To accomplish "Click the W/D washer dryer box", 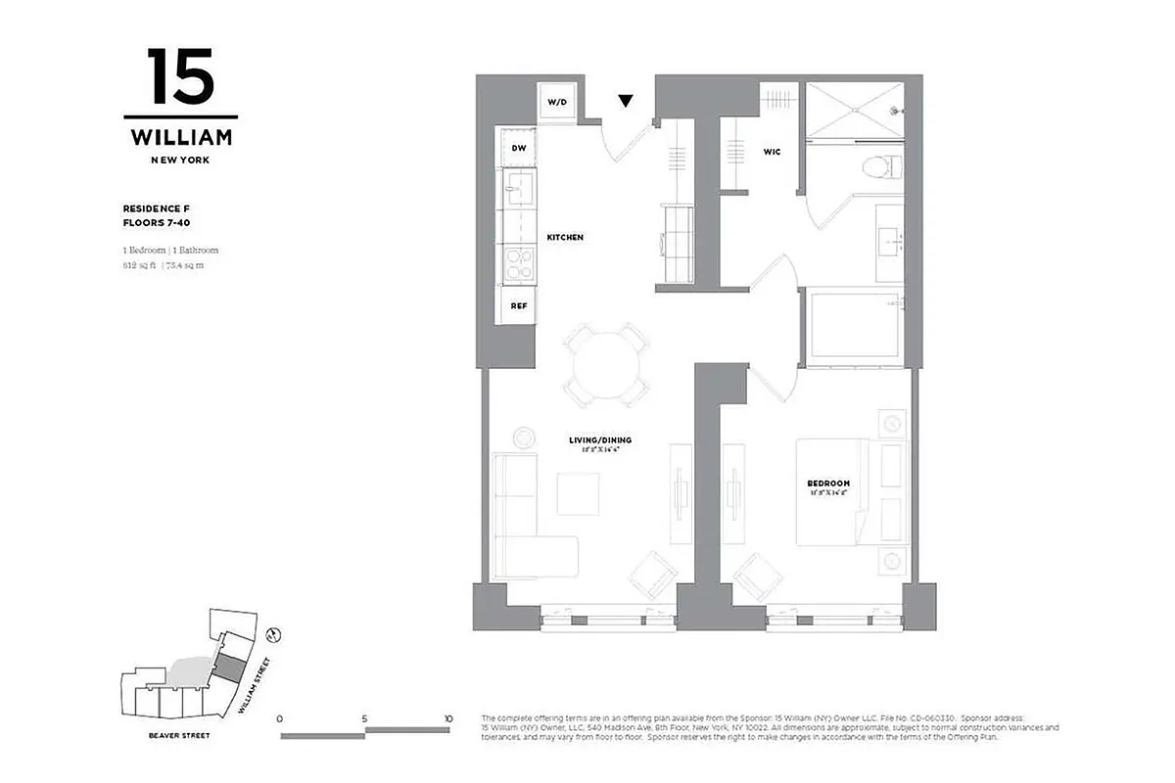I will tap(556, 102).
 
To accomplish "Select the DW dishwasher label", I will tap(519, 149).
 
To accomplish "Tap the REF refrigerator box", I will tap(519, 305).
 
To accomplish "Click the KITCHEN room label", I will tap(565, 238).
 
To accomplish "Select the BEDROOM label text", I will tap(827, 484).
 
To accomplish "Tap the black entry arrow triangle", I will tap(626, 100).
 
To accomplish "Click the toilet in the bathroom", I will tap(881, 166).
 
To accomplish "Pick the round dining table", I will tap(606, 365).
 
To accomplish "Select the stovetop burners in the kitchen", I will tap(517, 263).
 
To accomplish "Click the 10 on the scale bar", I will tap(447, 718).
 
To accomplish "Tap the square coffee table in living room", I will tap(578, 493).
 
